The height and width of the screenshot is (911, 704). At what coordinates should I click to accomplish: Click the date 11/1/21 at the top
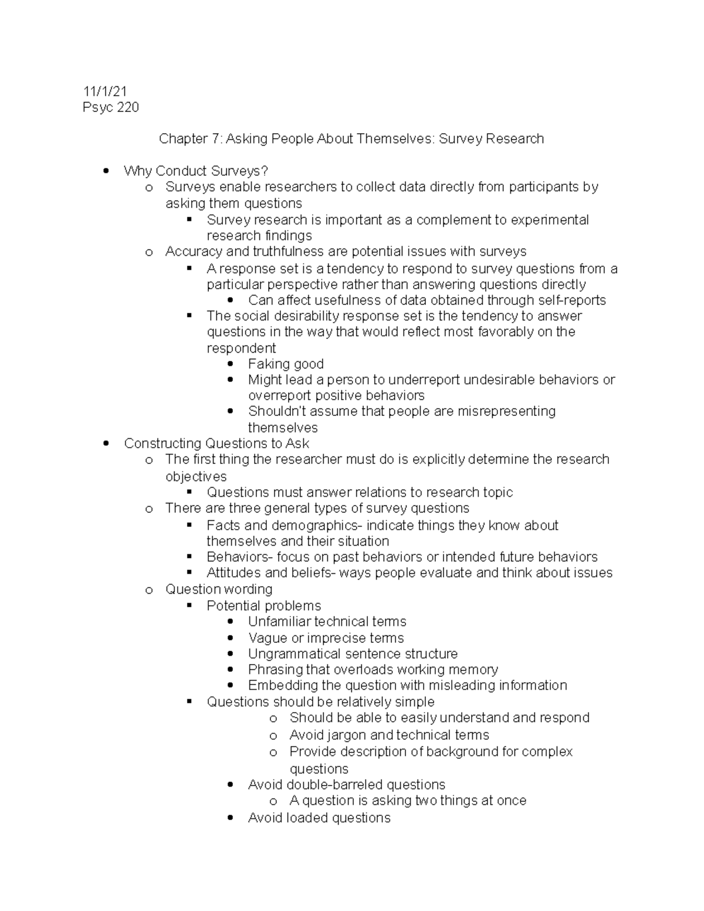pyautogui.click(x=105, y=91)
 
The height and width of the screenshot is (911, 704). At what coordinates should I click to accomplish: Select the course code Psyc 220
pyautogui.click(x=111, y=107)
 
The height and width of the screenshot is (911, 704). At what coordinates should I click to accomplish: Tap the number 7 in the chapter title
pyautogui.click(x=215, y=139)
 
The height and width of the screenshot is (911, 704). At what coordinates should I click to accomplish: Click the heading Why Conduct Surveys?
pyautogui.click(x=196, y=171)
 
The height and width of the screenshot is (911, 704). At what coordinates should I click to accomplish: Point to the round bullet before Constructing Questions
pyautogui.click(x=106, y=443)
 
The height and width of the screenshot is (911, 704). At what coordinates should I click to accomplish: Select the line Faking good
pyautogui.click(x=286, y=364)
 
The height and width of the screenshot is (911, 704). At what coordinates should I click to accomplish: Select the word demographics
pyautogui.click(x=304, y=525)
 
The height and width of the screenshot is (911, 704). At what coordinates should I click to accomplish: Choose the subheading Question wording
pyautogui.click(x=219, y=589)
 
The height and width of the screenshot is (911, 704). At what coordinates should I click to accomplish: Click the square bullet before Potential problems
pyautogui.click(x=189, y=605)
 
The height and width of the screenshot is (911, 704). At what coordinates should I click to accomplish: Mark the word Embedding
pyautogui.click(x=282, y=685)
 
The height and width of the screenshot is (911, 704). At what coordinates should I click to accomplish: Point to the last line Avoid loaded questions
pyautogui.click(x=319, y=818)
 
